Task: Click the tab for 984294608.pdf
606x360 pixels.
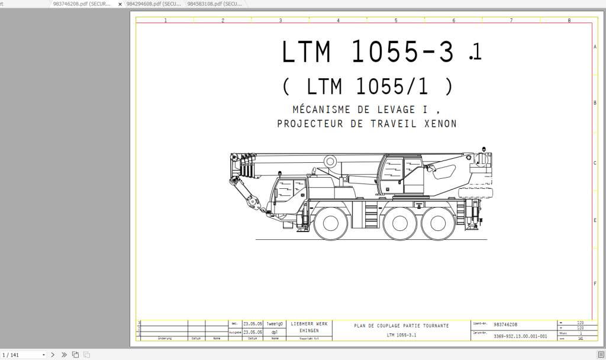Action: pos(154,4)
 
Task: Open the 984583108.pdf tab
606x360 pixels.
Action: pos(214,4)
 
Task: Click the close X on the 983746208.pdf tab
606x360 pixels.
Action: pos(120,4)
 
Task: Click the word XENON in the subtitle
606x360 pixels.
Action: pos(440,124)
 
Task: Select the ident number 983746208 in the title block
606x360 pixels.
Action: pos(505,324)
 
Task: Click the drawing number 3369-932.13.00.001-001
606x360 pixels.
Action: pos(520,336)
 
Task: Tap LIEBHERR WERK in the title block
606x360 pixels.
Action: pos(309,324)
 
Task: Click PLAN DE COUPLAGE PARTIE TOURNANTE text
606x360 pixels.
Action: pos(401,326)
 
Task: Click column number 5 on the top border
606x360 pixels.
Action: pos(396,21)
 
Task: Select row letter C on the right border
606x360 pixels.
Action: pos(594,163)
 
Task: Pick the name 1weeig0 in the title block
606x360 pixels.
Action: pos(275,324)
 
